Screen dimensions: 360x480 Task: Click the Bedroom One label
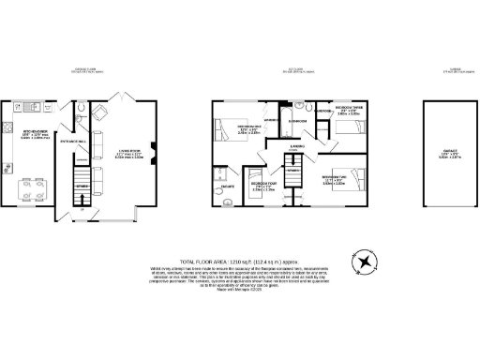click(247, 130)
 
